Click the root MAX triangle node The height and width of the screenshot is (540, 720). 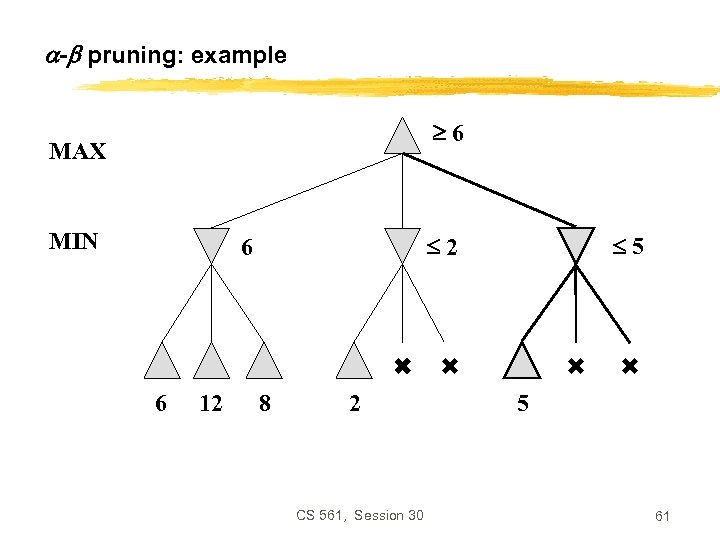(x=402, y=137)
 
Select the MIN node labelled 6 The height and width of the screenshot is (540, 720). (x=211, y=244)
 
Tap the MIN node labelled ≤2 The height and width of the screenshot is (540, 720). (x=402, y=244)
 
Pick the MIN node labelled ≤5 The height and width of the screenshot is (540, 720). (x=576, y=244)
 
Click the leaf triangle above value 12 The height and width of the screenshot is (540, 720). (x=211, y=362)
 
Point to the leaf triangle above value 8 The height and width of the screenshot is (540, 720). (x=263, y=362)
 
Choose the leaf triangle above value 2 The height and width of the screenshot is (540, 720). (x=354, y=362)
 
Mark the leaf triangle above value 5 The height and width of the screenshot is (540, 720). (x=522, y=362)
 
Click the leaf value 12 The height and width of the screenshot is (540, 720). (x=211, y=404)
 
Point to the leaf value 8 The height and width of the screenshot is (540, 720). (x=263, y=404)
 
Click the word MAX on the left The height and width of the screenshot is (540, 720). (x=77, y=152)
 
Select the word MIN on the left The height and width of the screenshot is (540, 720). (x=73, y=241)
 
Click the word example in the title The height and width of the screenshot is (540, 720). (x=238, y=55)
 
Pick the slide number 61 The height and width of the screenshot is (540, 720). (x=662, y=516)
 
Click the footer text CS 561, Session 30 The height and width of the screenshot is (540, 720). (x=360, y=515)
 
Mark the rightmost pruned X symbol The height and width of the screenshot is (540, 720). (x=629, y=367)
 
